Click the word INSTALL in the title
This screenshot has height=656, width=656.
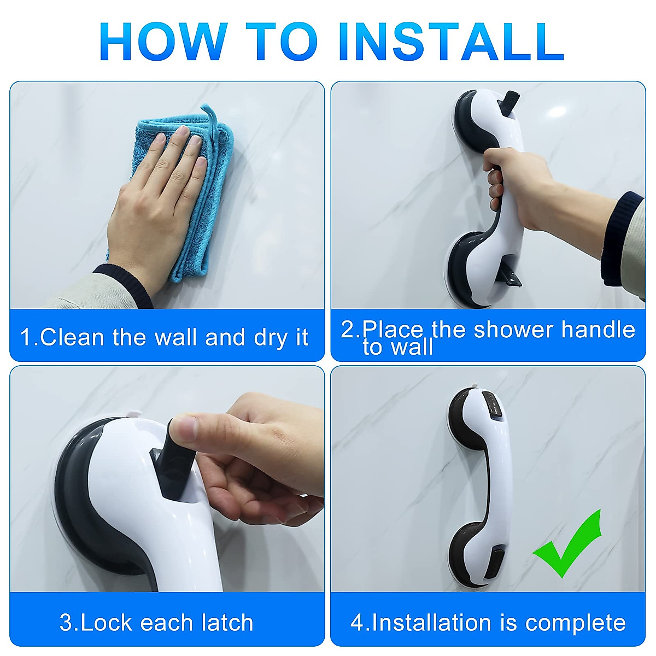[451, 42]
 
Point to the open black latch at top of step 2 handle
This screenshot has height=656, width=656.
[510, 104]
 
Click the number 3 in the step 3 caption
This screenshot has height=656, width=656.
[66, 623]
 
